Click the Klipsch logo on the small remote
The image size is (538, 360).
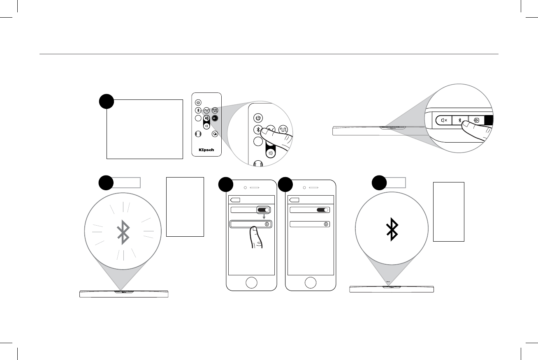coord(206,150)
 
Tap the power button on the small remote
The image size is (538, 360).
coord(198,102)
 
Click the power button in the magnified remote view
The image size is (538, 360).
coord(257,118)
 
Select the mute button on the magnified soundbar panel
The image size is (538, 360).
coord(444,121)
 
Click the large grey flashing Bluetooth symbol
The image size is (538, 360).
coord(123,233)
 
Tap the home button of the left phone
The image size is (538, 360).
coord(251,283)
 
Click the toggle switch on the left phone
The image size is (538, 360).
coord(264,210)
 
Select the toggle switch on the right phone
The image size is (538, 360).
coord(323,210)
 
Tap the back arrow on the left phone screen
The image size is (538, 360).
coord(235,200)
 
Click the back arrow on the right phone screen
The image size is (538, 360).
coord(295,200)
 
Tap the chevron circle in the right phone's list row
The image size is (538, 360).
coord(326,224)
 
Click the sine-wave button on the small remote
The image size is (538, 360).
coord(206,110)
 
